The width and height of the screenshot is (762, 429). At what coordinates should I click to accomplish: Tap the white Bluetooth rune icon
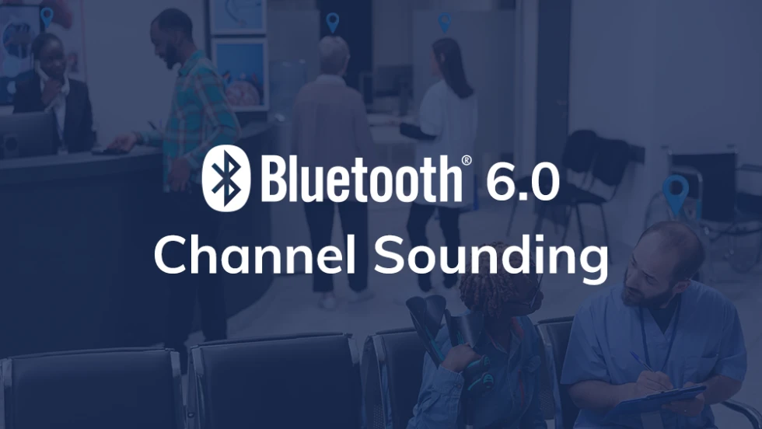tap(225, 177)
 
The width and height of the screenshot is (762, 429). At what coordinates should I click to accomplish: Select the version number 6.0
tap(522, 183)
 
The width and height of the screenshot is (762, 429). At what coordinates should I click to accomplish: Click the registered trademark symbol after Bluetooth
tap(467, 159)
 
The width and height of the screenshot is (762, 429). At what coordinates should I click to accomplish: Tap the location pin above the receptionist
tap(47, 16)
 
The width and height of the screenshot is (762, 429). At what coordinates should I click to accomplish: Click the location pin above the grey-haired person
tap(333, 23)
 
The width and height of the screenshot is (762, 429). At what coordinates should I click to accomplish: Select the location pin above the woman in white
tap(445, 22)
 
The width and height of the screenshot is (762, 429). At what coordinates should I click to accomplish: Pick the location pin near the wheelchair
tap(675, 191)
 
